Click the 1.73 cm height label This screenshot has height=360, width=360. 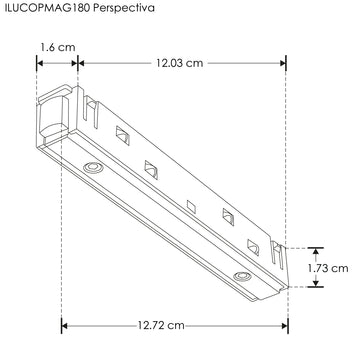pos(327,267)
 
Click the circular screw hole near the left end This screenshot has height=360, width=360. pos(91,165)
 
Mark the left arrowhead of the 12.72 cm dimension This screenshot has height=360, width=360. pos(67,326)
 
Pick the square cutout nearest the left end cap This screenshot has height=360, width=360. pos(123,133)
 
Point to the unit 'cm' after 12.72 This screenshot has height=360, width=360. pos(176,326)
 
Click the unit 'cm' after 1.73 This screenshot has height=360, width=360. pos(340,267)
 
